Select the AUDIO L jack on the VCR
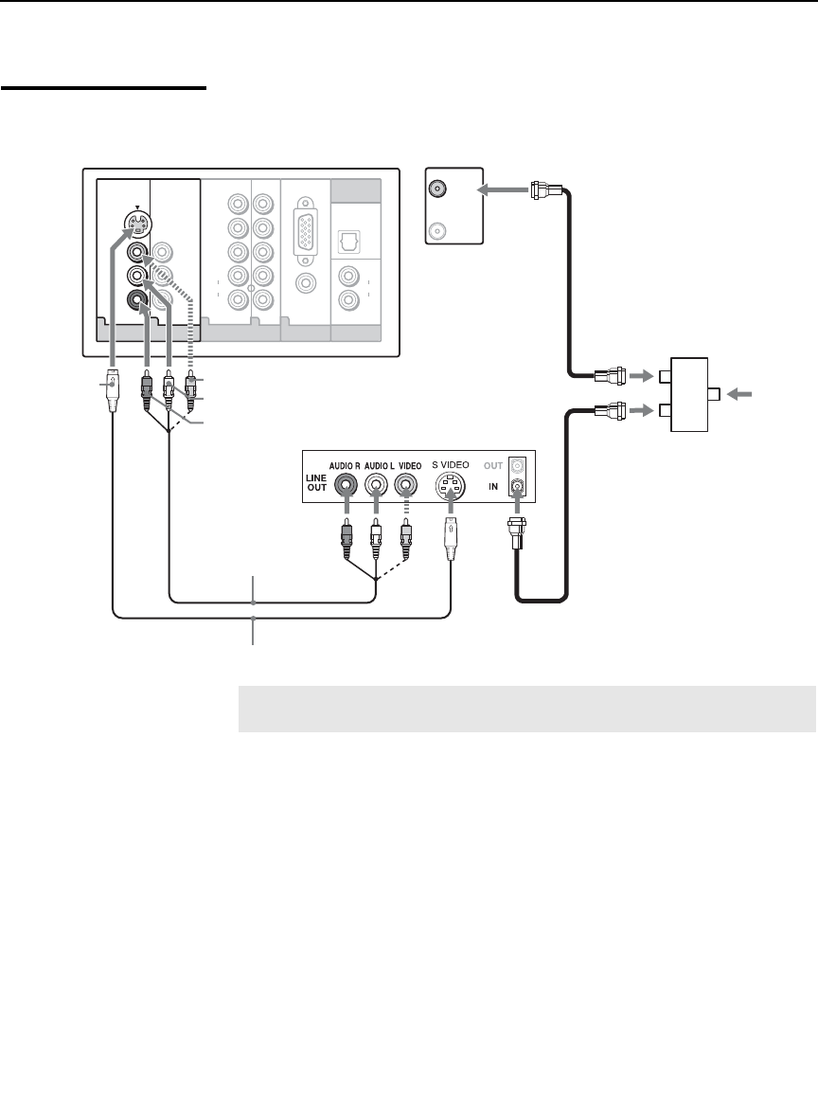(x=378, y=485)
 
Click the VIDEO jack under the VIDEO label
(x=406, y=485)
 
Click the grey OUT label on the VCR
(x=491, y=465)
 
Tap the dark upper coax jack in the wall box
(x=438, y=189)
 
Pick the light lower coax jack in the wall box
(x=438, y=229)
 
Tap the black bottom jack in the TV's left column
(x=139, y=302)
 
